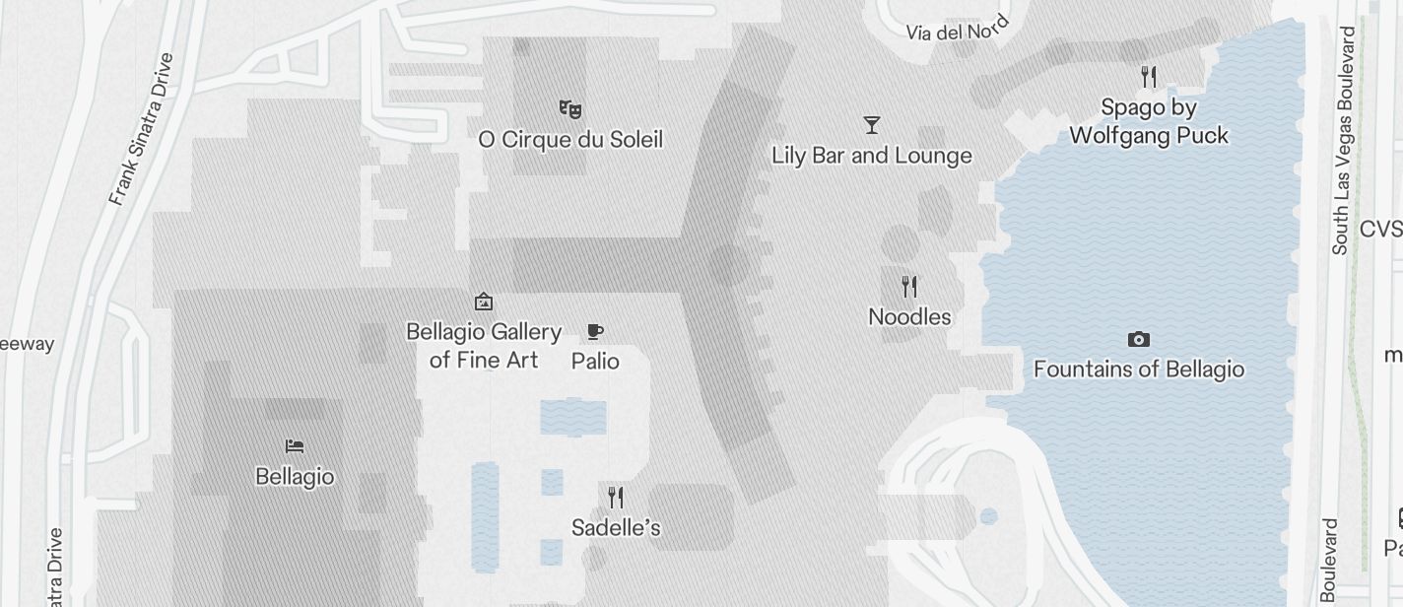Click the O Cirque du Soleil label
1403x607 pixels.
tap(569, 140)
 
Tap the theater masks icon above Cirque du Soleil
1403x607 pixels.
tap(569, 108)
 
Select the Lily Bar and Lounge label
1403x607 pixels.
tap(871, 156)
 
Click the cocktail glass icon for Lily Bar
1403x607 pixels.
tap(871, 125)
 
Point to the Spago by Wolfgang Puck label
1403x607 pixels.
tap(1148, 121)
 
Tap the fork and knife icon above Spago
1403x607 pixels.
tap(1148, 76)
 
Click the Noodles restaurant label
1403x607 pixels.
tap(909, 317)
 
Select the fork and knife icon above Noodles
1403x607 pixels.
tap(909, 287)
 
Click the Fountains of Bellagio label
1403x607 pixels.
tap(1138, 370)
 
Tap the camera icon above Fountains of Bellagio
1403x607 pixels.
tap(1138, 340)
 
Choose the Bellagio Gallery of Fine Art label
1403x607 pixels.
tap(484, 346)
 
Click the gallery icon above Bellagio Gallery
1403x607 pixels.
tap(483, 302)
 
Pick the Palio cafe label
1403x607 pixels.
tap(595, 362)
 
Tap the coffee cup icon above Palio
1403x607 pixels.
tap(594, 331)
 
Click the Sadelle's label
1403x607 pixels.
tap(616, 528)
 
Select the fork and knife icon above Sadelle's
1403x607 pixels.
tap(616, 497)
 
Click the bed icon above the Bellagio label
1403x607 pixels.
tap(294, 446)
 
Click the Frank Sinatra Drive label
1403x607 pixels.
tap(141, 129)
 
